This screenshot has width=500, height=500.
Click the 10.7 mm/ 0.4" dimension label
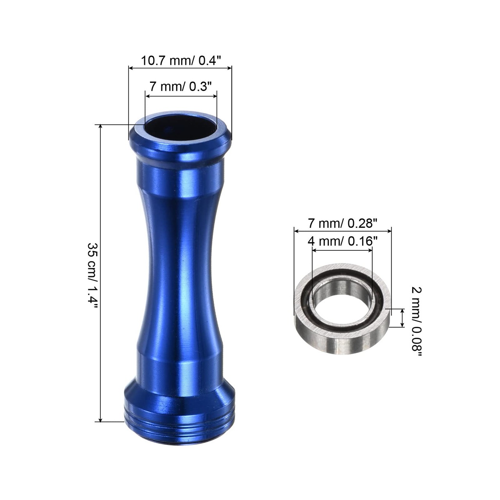click(x=181, y=61)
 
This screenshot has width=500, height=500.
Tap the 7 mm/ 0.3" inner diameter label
click(x=181, y=86)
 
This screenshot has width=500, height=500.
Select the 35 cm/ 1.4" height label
click(x=92, y=275)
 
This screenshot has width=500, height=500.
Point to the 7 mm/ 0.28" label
click(x=342, y=223)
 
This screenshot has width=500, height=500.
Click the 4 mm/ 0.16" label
click(x=342, y=241)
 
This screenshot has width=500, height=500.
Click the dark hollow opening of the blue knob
click(x=180, y=128)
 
